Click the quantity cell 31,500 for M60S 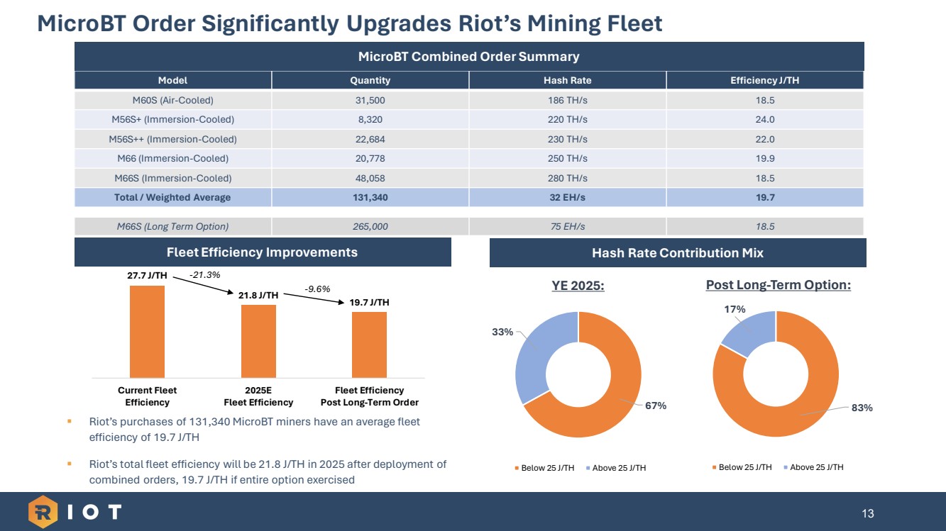370,100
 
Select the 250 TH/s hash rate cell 567,158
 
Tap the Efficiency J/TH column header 764,81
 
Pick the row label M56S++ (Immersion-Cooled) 173,139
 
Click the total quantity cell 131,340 370,197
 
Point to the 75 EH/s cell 567,227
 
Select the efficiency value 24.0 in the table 764,119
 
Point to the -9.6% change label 317,289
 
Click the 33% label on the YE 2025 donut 503,331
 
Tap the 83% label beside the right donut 863,408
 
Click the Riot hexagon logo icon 43,511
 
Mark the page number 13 867,513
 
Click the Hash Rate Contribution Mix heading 677,252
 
